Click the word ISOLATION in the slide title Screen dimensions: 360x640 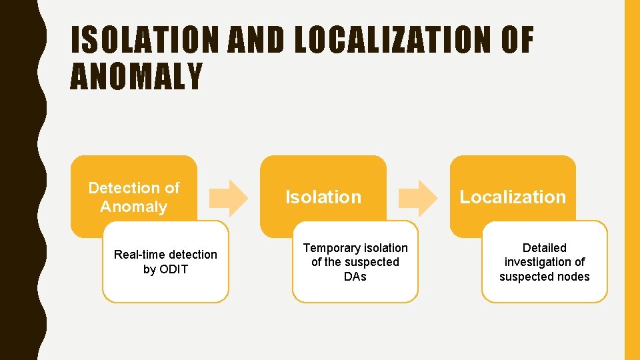tap(145, 41)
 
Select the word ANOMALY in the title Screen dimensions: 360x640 tap(136, 77)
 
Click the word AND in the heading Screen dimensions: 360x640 tap(256, 41)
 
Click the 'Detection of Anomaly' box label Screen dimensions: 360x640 tap(133, 197)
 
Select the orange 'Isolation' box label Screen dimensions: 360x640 tap(323, 197)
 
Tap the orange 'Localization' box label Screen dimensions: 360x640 tap(513, 197)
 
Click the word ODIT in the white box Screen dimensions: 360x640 tap(175, 269)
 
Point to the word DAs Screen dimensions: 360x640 tap(355, 277)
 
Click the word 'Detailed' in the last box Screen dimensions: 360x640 tap(545, 248)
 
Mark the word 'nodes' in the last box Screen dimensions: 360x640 tap(573, 277)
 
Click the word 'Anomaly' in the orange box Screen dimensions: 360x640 tap(133, 207)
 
